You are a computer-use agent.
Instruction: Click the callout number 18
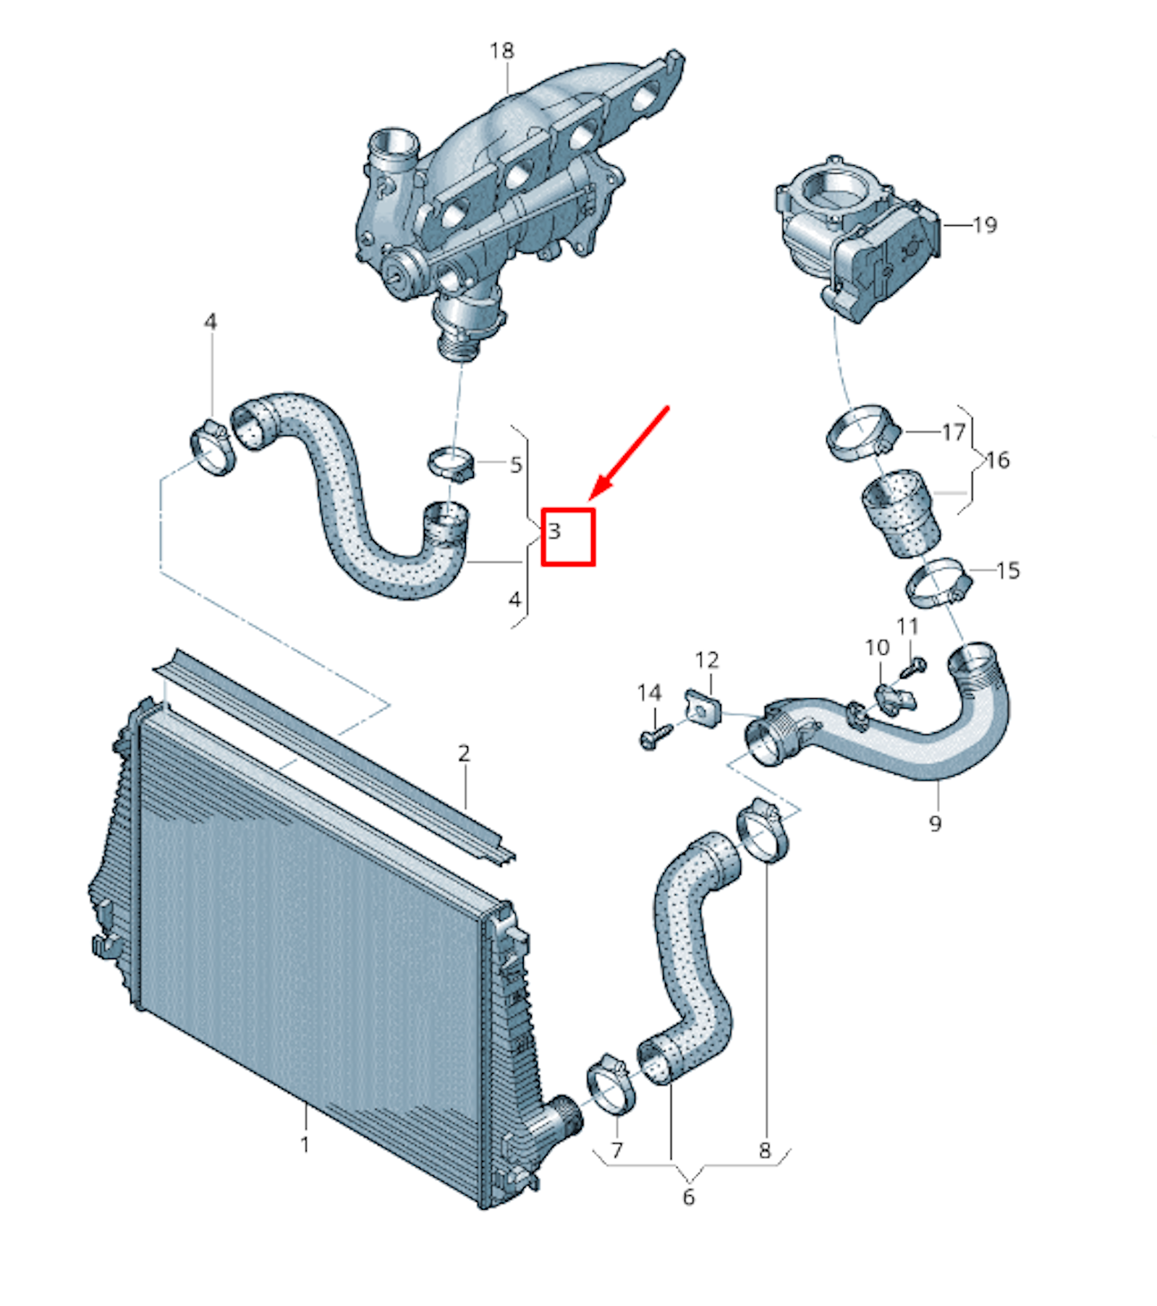(501, 51)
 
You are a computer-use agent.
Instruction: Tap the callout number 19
(985, 225)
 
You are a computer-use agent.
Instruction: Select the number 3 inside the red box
(554, 530)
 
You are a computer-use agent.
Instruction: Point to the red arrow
(629, 453)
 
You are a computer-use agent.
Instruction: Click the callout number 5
(515, 465)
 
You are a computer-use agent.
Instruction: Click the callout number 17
(954, 432)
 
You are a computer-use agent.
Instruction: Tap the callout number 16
(998, 459)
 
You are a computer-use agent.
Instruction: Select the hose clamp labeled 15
(938, 584)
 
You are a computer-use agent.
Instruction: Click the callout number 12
(707, 659)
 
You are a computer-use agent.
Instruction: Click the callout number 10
(877, 647)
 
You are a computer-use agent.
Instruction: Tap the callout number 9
(935, 823)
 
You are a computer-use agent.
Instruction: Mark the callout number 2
(464, 753)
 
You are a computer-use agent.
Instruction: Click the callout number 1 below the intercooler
(305, 1144)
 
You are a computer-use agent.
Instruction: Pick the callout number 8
(765, 1150)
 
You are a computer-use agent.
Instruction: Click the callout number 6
(688, 1197)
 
